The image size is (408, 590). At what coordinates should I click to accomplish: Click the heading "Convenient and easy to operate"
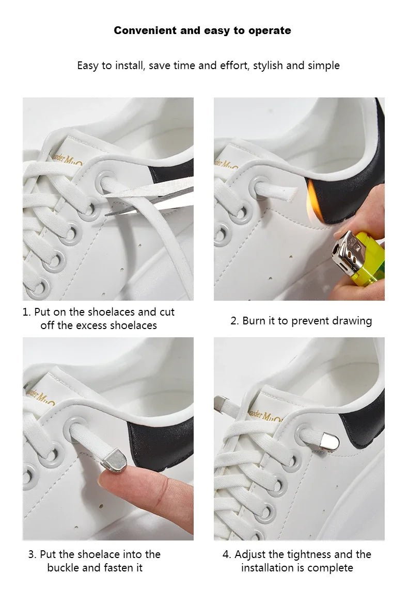pyautogui.click(x=202, y=30)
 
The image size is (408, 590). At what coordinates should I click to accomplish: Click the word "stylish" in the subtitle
pyautogui.click(x=268, y=65)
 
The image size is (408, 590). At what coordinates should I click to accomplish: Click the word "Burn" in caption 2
pyautogui.click(x=254, y=321)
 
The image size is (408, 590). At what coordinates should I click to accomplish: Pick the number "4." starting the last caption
pyautogui.click(x=227, y=554)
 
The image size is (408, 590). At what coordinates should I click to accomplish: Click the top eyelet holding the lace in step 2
pyautogui.click(x=256, y=186)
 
